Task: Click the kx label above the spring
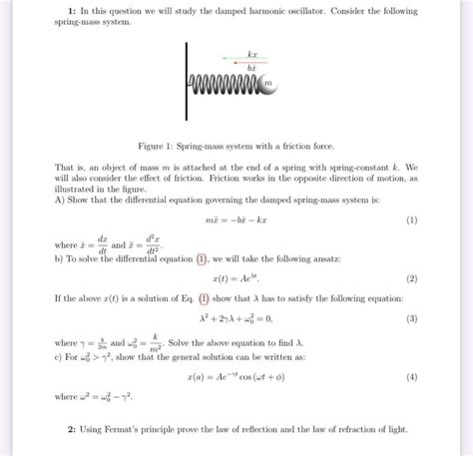point(252,52)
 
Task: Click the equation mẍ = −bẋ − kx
point(238,220)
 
